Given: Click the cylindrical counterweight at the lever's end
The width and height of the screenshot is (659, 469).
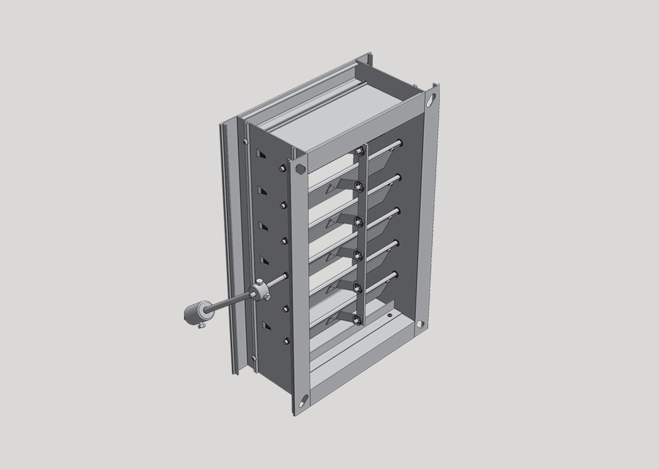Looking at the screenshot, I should [x=194, y=313].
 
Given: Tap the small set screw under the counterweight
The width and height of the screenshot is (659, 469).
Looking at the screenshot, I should [x=202, y=327].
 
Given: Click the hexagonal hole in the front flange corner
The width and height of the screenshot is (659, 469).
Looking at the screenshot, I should [x=300, y=168].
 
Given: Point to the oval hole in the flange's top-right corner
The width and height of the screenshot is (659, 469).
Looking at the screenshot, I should [x=431, y=100].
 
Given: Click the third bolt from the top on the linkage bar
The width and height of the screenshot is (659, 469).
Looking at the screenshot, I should [x=359, y=221].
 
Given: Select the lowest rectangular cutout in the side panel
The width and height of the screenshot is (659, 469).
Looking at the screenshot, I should [x=266, y=326].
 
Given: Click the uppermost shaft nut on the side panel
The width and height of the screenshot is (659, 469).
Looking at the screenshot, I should [x=282, y=168].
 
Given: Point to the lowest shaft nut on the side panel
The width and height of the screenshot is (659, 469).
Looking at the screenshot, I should [x=286, y=342].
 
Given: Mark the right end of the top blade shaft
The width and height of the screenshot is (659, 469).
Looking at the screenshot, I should [x=399, y=144].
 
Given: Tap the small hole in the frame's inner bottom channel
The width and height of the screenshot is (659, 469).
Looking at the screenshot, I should [x=389, y=315].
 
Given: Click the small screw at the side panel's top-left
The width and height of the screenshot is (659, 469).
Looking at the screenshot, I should [x=243, y=142].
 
